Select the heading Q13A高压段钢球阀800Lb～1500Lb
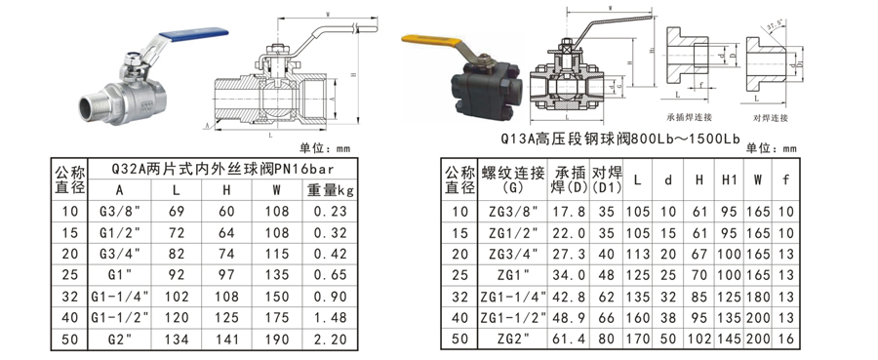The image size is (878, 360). coord(620,139)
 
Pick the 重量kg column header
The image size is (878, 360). coord(331,188)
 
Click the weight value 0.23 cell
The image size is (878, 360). coord(331,211)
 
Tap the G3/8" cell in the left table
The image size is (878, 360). coord(119,211)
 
